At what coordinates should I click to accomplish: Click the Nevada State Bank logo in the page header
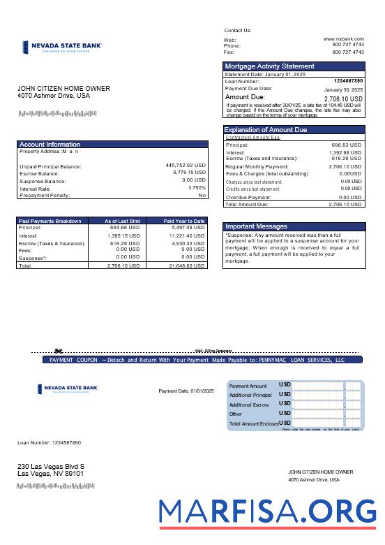tap(62, 48)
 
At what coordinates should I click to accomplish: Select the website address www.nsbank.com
tap(343, 39)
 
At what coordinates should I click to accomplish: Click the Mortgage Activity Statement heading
tap(269, 66)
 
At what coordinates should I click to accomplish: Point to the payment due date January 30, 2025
tap(343, 90)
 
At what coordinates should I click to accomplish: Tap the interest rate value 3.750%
tap(197, 188)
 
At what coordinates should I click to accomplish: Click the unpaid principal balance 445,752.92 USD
tap(186, 166)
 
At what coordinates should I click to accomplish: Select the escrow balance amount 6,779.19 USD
tap(189, 173)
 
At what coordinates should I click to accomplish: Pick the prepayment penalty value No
tap(202, 195)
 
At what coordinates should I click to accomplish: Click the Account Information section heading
tap(50, 145)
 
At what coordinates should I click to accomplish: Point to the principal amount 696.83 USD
tap(346, 145)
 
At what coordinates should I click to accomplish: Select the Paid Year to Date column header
tap(184, 221)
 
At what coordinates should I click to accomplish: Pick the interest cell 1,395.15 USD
tap(124, 236)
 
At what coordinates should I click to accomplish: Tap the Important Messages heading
tap(255, 226)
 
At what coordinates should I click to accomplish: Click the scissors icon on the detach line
tap(59, 351)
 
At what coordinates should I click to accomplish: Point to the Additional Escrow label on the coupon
tap(249, 405)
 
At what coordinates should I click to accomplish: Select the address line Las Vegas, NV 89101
tap(50, 474)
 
